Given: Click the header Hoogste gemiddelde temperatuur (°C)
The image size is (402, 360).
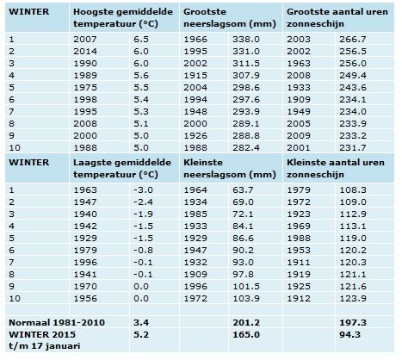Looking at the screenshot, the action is pos(123,17).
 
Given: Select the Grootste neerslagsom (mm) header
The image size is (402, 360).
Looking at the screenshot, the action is pos(230,17).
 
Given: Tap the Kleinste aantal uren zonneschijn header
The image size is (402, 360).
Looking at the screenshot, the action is pos(336,168).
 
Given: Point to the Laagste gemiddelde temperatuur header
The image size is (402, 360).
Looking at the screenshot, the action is pos(122,168).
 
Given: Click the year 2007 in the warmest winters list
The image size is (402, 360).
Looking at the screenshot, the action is pos(85,40).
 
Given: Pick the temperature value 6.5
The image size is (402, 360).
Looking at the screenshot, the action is pos(141,40).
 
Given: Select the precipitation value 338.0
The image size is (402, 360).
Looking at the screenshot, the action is pos(246,40).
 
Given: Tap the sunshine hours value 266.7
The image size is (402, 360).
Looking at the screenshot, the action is pos(353,40).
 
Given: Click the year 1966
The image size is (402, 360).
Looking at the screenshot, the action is pos(195,40).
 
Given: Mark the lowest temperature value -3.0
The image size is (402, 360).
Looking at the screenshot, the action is pos(143,190).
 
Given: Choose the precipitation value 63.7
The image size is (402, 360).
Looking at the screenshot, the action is pos(243,190).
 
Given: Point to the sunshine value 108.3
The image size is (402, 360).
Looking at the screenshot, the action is pos(353,190).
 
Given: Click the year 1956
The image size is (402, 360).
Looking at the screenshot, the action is pos(85,299).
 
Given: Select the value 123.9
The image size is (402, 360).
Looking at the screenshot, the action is pos(353,299).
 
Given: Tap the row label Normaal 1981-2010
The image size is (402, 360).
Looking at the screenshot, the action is pos(57,323).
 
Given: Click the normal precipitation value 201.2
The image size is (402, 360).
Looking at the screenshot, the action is pos(246,323).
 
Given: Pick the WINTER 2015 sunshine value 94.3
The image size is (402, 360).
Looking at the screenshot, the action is pos(349,335).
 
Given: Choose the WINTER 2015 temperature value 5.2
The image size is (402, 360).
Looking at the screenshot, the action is pos(141,335).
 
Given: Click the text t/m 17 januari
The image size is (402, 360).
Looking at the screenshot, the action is pos(44,346).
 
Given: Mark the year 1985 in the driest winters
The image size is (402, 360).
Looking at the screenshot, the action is pos(195,214).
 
